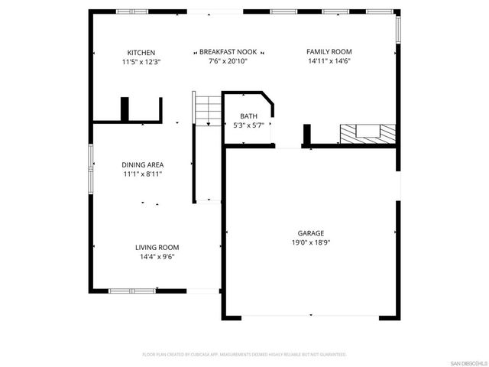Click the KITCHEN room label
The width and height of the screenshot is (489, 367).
coord(141,52)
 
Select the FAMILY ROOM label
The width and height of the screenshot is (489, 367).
coord(329,52)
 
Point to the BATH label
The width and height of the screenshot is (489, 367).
coord(248,116)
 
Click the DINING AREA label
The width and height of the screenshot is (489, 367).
coord(143,164)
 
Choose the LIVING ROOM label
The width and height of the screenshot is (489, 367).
coord(157,247)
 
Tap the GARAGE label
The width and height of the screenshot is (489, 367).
coord(311,233)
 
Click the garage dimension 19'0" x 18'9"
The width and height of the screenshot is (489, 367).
coord(311,242)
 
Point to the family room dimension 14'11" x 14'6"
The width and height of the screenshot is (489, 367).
coord(329,61)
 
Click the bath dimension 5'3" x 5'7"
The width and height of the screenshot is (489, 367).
coord(248,125)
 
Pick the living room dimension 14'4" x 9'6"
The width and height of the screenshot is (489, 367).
coord(157,257)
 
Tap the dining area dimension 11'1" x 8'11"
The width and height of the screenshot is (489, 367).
coord(143,174)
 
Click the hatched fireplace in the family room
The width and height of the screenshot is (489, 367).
coord(368,134)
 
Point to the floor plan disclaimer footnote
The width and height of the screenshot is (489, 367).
coord(244,355)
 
